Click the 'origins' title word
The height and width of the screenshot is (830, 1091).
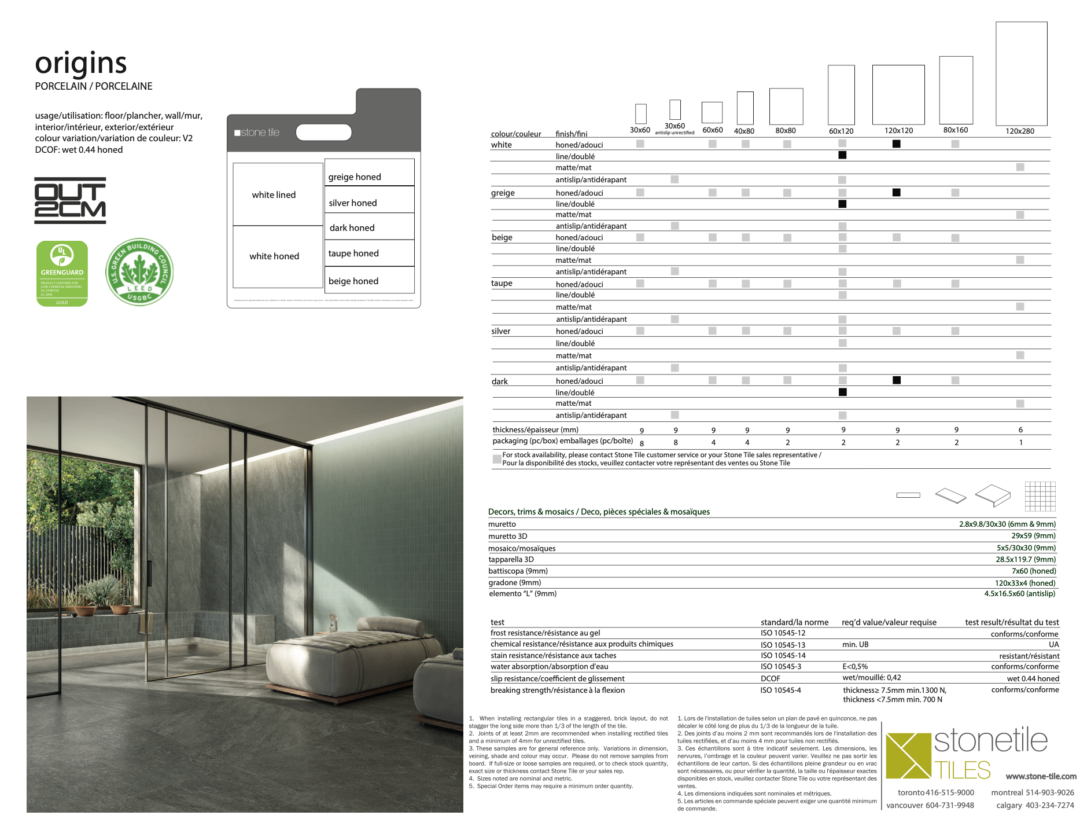click(80, 64)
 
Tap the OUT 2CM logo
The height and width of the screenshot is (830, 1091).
click(70, 200)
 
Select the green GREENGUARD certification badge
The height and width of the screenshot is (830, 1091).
click(62, 273)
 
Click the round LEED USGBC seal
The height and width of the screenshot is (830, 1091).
click(139, 272)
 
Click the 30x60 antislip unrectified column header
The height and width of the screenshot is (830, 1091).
click(674, 128)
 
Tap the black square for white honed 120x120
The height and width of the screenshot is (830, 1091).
click(896, 144)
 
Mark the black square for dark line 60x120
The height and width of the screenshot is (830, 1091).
click(842, 392)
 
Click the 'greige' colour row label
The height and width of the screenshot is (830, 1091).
click(503, 193)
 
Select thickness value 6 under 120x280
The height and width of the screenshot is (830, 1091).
click(1020, 429)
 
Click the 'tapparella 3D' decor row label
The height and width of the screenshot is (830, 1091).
click(511, 560)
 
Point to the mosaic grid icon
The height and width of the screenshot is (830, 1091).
click(1040, 496)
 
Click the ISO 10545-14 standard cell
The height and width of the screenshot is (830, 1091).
click(783, 656)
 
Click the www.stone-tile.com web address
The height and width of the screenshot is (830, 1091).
click(1041, 777)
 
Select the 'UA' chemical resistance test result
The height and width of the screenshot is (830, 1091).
click(1053, 645)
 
